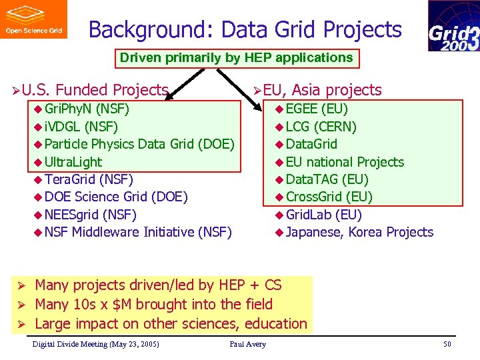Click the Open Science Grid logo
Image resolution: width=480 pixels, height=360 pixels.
click(33, 19)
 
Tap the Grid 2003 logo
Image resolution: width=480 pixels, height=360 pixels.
click(453, 26)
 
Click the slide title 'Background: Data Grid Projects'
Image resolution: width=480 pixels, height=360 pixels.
click(245, 30)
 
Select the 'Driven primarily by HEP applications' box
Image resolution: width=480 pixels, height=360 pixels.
click(236, 58)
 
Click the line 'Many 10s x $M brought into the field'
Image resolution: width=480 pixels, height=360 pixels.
click(153, 305)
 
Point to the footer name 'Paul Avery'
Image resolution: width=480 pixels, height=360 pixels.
click(247, 344)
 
